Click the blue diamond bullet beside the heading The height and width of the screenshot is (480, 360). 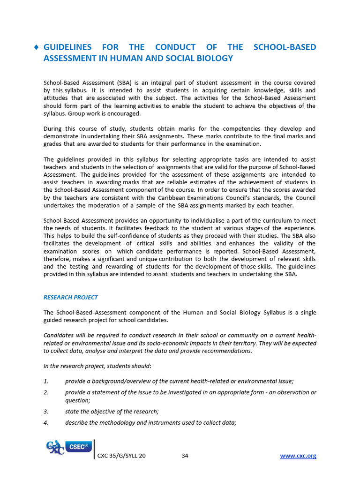coord(36,48)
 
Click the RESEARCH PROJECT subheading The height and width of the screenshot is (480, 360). coord(70,297)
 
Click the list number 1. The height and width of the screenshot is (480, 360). coord(45,381)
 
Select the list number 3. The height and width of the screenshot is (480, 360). coord(45,412)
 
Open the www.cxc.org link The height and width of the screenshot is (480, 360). coord(298,456)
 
